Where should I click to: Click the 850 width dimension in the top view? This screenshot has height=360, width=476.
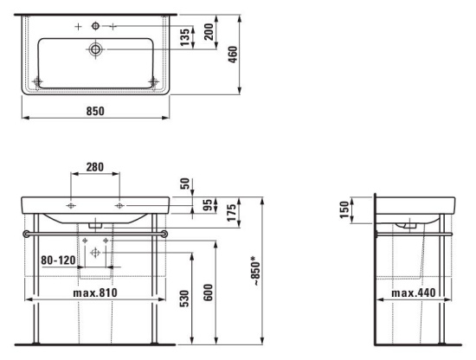(95, 111)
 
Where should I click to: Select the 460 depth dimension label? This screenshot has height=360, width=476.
(233, 55)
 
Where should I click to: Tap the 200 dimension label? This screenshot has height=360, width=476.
(209, 31)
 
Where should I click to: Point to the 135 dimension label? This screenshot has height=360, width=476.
(185, 37)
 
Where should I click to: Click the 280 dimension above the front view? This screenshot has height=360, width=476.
(94, 167)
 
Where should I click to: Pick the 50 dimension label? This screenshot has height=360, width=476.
(185, 183)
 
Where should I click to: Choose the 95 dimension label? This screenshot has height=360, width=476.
(208, 205)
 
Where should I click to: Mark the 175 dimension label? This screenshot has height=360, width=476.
(231, 213)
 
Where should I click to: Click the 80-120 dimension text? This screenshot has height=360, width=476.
(58, 260)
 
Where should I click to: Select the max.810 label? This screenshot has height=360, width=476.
(95, 292)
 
